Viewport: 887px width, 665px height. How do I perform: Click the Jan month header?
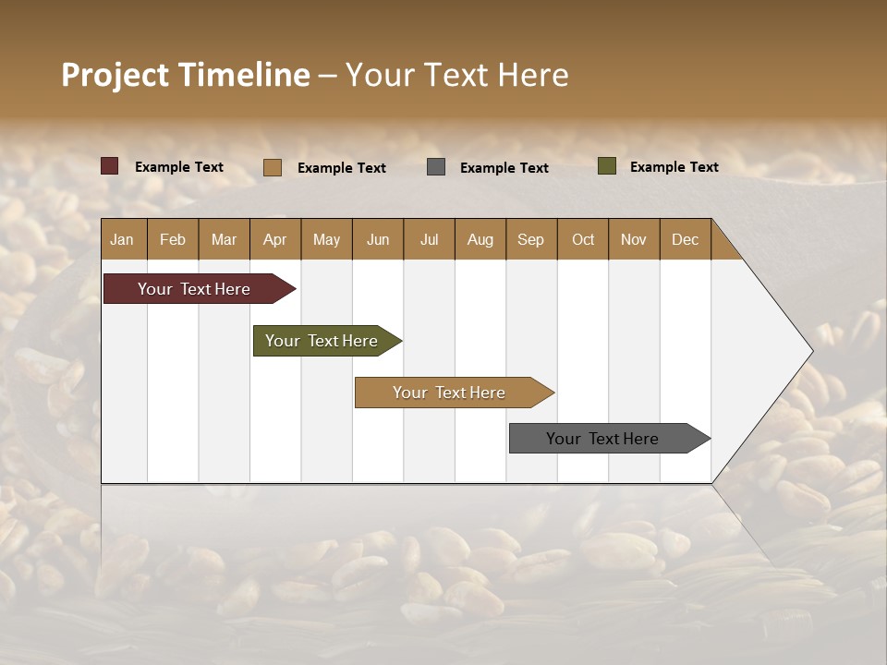pos(122,239)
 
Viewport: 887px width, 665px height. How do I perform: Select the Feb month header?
pos(173,239)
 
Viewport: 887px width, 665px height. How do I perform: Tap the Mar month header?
pos(224,239)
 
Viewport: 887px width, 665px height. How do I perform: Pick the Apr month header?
pos(275,239)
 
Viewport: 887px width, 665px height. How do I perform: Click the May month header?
pos(326,239)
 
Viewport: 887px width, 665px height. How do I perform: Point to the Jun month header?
pos(378,239)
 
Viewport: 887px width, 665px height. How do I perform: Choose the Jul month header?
pos(429,239)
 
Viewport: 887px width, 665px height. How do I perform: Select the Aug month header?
pos(480,239)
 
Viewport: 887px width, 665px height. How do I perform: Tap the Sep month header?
pos(531,239)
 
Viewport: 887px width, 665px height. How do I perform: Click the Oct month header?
pos(583,239)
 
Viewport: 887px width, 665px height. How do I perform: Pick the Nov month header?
pos(634,239)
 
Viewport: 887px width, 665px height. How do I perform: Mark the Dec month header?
pos(686,239)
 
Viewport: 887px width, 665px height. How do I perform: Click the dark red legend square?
pos(110,166)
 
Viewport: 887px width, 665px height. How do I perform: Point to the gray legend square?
pos(436,167)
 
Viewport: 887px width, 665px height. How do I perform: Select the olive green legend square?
pos(606,166)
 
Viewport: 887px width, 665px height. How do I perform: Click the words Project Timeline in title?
pos(185,75)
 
